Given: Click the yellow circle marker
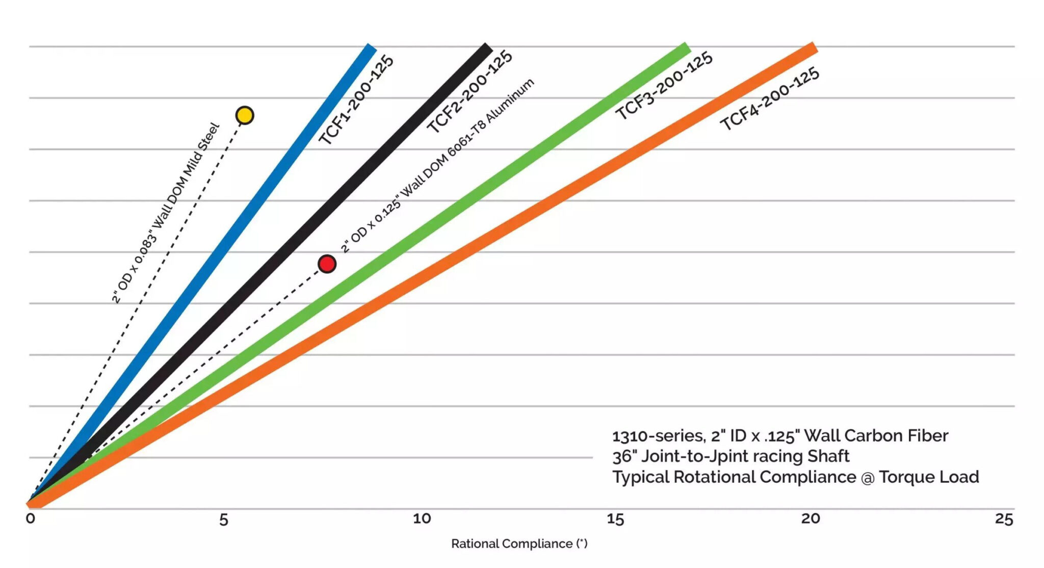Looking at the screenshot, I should point(245,115).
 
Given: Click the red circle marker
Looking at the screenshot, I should point(327,264).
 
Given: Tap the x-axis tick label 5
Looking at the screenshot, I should point(223,520).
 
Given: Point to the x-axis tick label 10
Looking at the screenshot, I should point(422,519).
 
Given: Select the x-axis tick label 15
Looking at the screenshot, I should point(615,519).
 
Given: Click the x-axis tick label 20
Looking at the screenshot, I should point(810,519).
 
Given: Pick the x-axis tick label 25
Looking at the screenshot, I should point(1004,519).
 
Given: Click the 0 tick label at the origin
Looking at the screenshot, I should point(31,519).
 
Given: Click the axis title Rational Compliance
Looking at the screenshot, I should point(519,544).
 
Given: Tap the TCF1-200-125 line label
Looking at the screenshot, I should point(356,100).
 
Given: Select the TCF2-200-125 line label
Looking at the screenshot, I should point(469,92).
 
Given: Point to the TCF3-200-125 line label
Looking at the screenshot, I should point(664,85).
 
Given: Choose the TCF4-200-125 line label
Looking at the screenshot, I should point(769,98).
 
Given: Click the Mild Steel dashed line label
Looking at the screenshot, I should point(166,213).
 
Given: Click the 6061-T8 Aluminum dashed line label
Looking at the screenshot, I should point(437,165).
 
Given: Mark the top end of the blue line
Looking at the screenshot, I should point(371,47).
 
